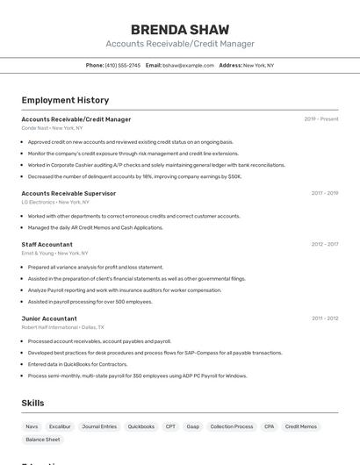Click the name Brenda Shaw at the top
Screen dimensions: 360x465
179,29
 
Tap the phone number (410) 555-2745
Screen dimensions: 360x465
122,65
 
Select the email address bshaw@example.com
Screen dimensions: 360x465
188,65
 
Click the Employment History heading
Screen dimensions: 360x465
65,100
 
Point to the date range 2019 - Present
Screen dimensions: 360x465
320,119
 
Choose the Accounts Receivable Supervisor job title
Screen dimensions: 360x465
68,193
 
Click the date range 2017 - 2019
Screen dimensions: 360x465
324,193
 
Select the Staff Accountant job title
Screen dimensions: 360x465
47,244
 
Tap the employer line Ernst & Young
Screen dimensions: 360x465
55,253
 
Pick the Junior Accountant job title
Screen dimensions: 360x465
49,318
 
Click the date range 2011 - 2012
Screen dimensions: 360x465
325,318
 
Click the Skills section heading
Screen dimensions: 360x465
32,403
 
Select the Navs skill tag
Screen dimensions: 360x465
32,426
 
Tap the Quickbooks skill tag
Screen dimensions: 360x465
140,426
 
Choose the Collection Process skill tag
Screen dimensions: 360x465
231,426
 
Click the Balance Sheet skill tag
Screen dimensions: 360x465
42,440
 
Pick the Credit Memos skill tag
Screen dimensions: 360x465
301,426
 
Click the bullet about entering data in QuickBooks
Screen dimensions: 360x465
77,364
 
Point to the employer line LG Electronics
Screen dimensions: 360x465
56,202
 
